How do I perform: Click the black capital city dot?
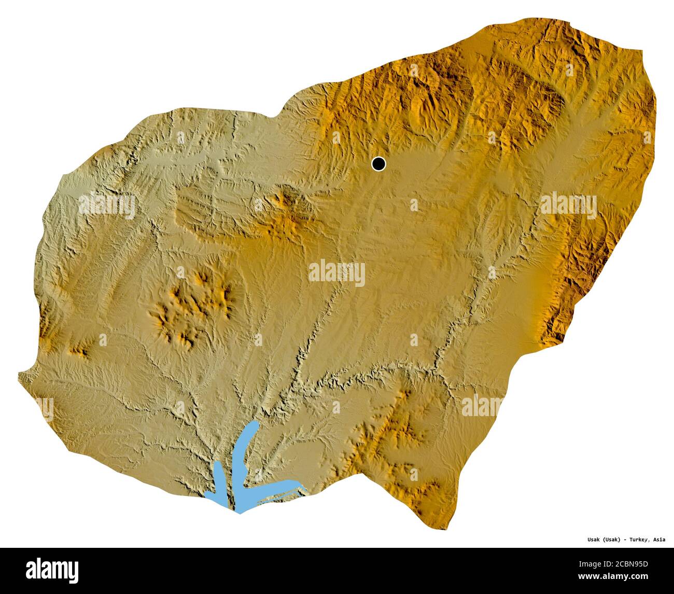pos(379,164)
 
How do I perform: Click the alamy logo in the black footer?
pos(52,570)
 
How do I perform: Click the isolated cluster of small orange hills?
pos(192,306)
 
